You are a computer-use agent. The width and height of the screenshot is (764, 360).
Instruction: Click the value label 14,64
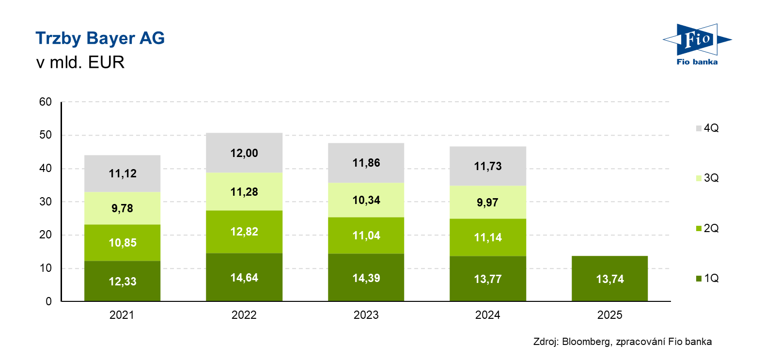244,278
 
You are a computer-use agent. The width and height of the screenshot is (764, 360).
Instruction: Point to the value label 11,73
488,166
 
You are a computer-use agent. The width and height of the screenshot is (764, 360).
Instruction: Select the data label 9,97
487,203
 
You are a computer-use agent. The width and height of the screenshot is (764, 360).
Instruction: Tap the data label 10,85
123,243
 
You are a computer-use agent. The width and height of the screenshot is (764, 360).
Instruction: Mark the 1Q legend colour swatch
699,279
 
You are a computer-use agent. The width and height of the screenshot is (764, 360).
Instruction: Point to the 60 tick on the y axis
46,102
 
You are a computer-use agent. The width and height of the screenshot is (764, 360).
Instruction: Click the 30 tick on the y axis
46,202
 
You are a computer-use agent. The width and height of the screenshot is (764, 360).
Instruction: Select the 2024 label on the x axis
487,315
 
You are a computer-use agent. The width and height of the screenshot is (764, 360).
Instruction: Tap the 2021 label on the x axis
122,315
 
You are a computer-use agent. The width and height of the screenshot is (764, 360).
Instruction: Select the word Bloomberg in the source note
586,342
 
